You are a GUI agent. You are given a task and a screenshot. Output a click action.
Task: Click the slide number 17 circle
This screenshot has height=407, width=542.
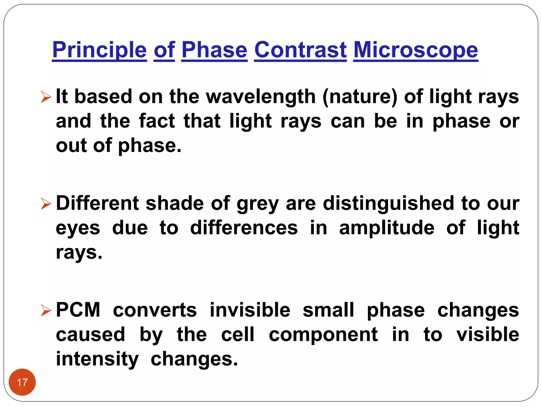click(22, 382)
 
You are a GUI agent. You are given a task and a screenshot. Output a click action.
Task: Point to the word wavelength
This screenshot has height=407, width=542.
click(261, 96)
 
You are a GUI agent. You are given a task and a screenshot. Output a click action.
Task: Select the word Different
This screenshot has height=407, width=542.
click(97, 203)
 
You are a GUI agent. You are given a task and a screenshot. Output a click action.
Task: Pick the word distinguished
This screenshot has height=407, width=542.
click(389, 203)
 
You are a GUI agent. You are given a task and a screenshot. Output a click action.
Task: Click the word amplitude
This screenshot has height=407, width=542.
click(387, 228)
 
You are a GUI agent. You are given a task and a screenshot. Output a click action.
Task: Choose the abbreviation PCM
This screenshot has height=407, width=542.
click(78, 310)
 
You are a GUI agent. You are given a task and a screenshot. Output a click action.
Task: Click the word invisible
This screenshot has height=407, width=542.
click(250, 310)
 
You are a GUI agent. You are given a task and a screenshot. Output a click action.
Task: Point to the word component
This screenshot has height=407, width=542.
click(323, 335)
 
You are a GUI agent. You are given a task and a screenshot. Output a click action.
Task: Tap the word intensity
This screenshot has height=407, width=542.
click(97, 359)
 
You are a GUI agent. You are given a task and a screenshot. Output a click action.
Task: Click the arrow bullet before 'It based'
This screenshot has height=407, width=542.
click(46, 97)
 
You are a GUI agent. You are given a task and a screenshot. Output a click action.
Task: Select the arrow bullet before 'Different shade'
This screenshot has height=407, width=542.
click(46, 203)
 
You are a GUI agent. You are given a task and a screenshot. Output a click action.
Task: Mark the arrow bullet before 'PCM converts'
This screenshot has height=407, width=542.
click(46, 310)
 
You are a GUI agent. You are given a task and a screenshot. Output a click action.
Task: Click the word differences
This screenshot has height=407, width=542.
click(244, 228)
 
